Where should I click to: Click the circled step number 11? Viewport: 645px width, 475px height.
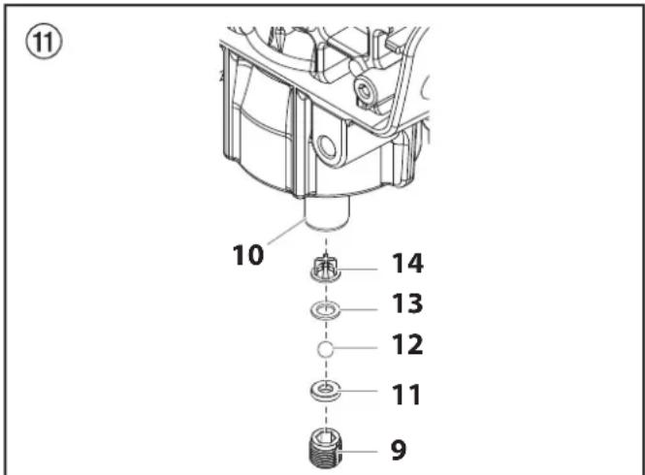pyautogui.click(x=44, y=41)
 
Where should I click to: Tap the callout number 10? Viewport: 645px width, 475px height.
pyautogui.click(x=248, y=255)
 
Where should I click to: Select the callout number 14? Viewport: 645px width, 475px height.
pyautogui.click(x=407, y=264)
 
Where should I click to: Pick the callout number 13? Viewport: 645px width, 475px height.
pyautogui.click(x=407, y=303)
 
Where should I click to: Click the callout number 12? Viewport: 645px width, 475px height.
pyautogui.click(x=407, y=345)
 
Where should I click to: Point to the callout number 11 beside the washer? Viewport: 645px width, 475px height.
pyautogui.click(x=406, y=395)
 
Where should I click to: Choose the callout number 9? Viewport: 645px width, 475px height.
pyautogui.click(x=399, y=450)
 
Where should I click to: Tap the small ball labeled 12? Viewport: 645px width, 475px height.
pyautogui.click(x=325, y=349)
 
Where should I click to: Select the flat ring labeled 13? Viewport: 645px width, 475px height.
pyautogui.click(x=325, y=310)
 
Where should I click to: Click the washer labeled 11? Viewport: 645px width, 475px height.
pyautogui.click(x=325, y=391)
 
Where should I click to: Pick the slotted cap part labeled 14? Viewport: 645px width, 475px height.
pyautogui.click(x=325, y=269)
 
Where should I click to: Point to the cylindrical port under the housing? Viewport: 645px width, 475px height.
pyautogui.click(x=326, y=214)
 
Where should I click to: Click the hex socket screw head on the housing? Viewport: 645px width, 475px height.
pyautogui.click(x=365, y=89)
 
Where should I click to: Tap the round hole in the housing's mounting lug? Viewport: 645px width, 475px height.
pyautogui.click(x=327, y=148)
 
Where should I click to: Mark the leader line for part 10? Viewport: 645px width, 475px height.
pyautogui.click(x=286, y=232)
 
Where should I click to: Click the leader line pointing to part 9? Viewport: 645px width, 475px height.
pyautogui.click(x=357, y=452)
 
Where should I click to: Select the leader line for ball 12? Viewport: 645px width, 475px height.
pyautogui.click(x=355, y=348)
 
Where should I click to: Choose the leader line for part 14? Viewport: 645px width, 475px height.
pyautogui.click(x=357, y=269)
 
